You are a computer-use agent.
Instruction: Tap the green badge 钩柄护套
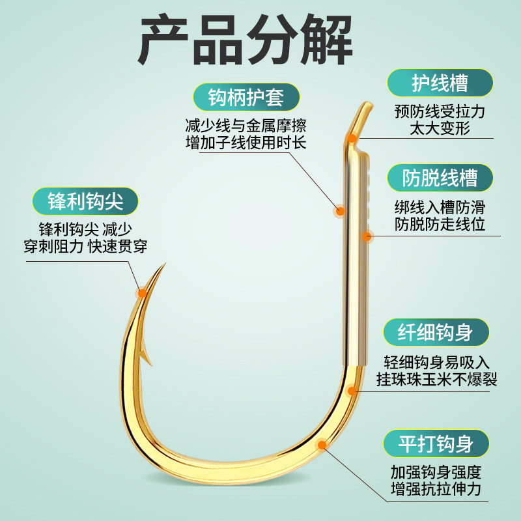246,98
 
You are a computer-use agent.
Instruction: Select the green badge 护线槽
440,83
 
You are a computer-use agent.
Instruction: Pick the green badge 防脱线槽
440,178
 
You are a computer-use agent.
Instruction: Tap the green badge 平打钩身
436,445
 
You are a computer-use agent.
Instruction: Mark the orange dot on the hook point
141,292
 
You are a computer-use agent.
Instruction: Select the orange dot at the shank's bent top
352,137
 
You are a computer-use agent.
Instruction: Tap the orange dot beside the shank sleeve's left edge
339,210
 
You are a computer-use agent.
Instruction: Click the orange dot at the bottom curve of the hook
321,445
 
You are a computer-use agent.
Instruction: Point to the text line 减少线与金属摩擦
246,124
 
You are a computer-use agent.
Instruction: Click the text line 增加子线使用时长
246,143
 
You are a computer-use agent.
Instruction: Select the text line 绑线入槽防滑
440,208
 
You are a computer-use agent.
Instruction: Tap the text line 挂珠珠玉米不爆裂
436,380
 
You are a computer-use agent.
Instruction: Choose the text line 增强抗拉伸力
436,488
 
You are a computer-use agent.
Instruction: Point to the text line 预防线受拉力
440,111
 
